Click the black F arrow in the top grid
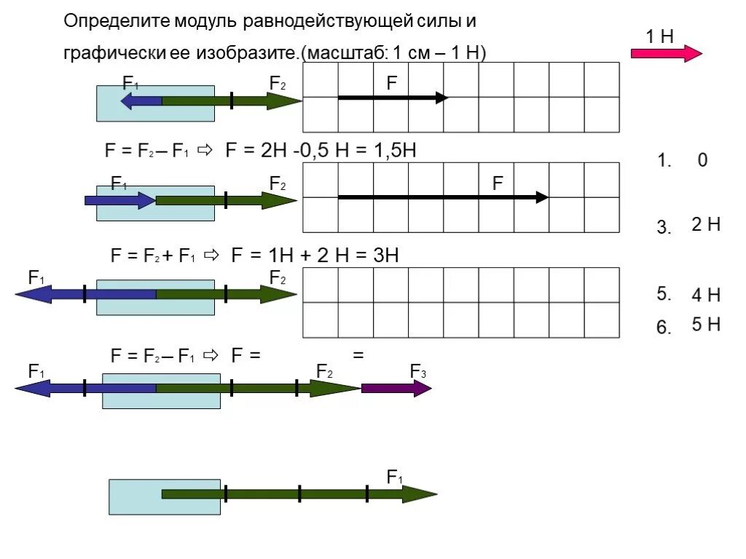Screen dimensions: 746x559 (x=392, y=98)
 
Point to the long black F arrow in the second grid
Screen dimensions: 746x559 (x=442, y=197)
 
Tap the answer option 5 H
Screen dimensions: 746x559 (x=706, y=325)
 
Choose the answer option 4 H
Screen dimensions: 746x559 (x=706, y=295)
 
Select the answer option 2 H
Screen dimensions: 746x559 (x=706, y=225)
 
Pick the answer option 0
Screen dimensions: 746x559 (x=702, y=161)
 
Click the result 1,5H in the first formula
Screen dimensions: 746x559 (x=394, y=151)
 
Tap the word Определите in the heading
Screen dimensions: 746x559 (x=116, y=21)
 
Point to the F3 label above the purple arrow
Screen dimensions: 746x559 (x=418, y=372)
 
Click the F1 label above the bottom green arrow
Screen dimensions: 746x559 (x=395, y=477)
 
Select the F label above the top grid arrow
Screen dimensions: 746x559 (x=392, y=82)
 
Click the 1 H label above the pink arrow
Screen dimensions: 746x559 (x=659, y=37)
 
